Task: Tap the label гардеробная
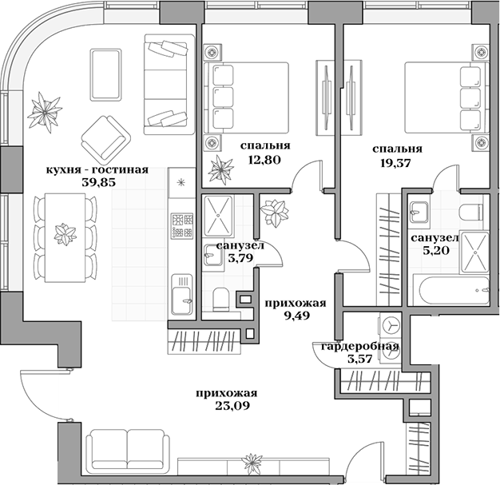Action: (359, 346)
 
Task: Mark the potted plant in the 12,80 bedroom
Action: (218, 170)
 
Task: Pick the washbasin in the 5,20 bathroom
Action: (419, 212)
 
